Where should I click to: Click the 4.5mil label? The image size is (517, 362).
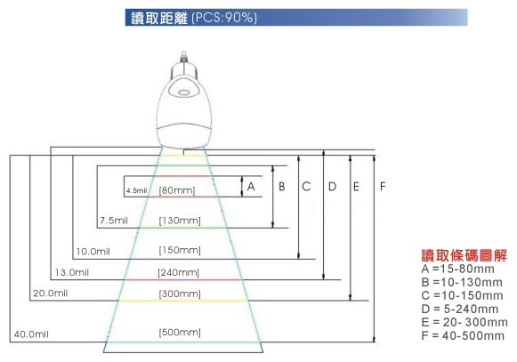click(136, 190)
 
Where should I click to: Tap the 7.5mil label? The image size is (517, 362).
click(114, 221)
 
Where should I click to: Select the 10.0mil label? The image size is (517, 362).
click(93, 252)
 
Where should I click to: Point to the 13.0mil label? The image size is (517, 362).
click(72, 272)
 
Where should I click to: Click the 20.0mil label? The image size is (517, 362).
click(51, 294)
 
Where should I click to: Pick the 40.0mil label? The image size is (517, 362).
click(31, 334)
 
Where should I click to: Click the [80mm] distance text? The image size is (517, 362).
click(177, 190)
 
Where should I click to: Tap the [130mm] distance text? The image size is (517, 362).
click(180, 221)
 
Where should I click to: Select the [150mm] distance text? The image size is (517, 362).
click(180, 250)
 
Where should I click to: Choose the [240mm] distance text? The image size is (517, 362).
click(178, 273)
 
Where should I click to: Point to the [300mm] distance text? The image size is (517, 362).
click(180, 294)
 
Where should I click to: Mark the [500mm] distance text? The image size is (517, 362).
click(180, 333)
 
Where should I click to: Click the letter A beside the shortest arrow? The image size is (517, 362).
click(251, 187)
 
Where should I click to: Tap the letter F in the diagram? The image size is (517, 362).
click(383, 187)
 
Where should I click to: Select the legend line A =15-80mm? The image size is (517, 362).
click(457, 269)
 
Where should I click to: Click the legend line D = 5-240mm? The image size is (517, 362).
click(460, 310)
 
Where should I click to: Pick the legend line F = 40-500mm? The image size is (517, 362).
click(463, 336)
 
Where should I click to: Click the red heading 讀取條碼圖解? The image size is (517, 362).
click(464, 255)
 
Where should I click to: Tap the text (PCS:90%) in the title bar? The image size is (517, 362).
click(224, 18)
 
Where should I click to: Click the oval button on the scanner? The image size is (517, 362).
click(184, 93)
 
